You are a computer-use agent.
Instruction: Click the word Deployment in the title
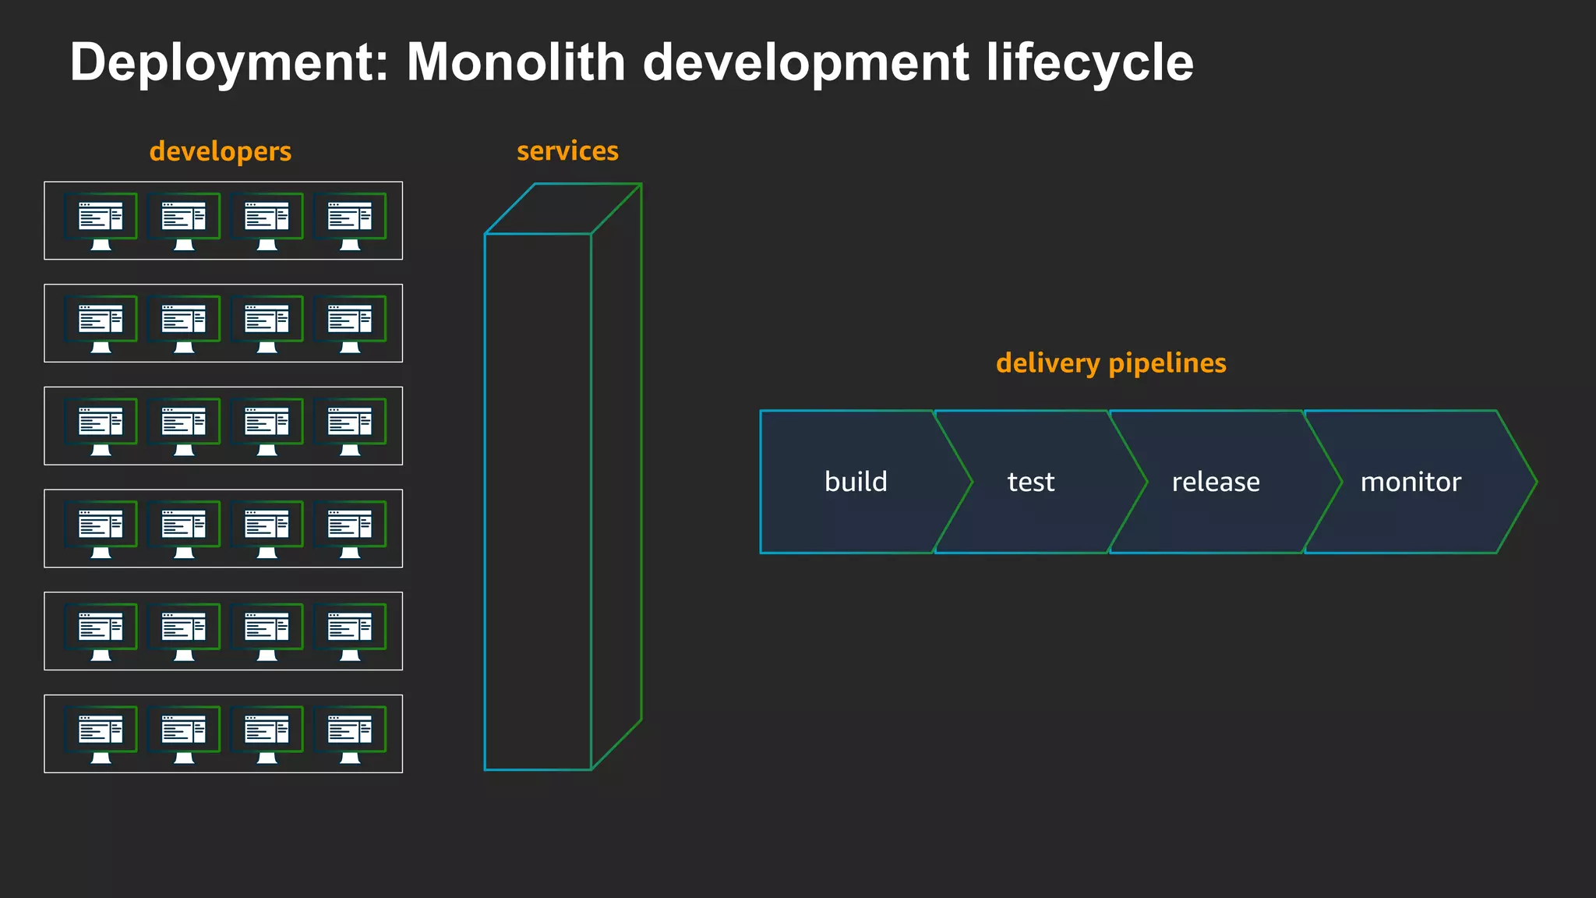pos(228,62)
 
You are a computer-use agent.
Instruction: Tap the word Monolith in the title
pos(516,62)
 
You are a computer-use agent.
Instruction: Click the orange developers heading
pos(220,151)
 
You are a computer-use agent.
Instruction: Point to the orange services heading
pos(567,150)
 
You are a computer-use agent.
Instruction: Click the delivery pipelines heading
pos(1110,363)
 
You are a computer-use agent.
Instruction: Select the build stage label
pos(856,482)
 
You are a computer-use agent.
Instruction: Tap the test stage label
pos(1030,482)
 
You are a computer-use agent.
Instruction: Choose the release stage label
pos(1215,482)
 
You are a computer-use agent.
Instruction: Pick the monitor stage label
pos(1410,482)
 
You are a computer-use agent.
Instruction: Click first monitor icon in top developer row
pos(101,221)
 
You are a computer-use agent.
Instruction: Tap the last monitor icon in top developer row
pos(350,221)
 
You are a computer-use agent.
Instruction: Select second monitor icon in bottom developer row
pos(184,734)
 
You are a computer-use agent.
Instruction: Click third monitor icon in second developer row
pos(267,323)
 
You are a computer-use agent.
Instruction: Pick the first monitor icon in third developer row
pos(101,426)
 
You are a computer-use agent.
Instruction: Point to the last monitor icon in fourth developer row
pos(350,529)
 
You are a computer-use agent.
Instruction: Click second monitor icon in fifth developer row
pos(184,631)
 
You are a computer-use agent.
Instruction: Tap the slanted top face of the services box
pos(563,208)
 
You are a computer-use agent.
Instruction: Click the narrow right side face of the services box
pos(616,476)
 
